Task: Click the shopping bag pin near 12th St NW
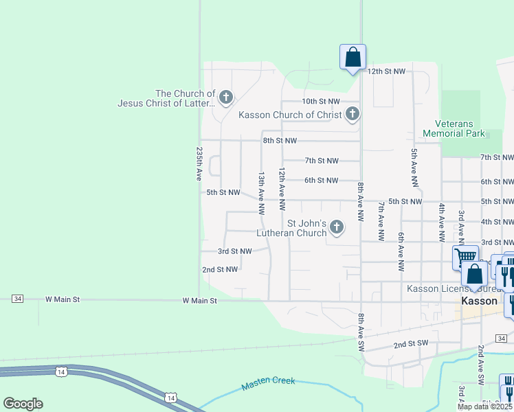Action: pyautogui.click(x=353, y=56)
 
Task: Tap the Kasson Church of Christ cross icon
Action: pyautogui.click(x=353, y=114)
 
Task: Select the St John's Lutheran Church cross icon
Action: pyautogui.click(x=337, y=226)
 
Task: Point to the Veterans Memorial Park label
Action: pyautogui.click(x=454, y=128)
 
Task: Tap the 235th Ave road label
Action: pyautogui.click(x=199, y=163)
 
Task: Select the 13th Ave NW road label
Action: pyautogui.click(x=261, y=193)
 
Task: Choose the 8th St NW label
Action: pyautogui.click(x=280, y=141)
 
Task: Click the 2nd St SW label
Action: pyautogui.click(x=411, y=343)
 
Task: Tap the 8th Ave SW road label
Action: pyautogui.click(x=361, y=330)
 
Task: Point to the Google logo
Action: pyautogui.click(x=23, y=404)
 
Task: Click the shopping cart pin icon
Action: pyautogui.click(x=465, y=257)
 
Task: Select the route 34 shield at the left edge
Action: pyautogui.click(x=18, y=299)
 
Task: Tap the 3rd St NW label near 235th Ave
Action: pyautogui.click(x=234, y=251)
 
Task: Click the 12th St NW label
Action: pyautogui.click(x=386, y=71)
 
